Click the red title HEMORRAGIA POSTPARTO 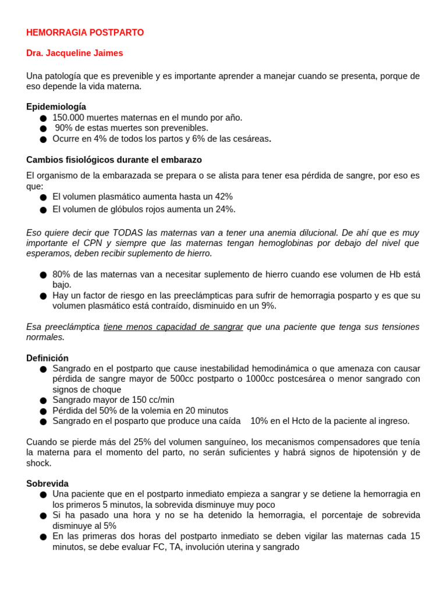pyautogui.click(x=85, y=33)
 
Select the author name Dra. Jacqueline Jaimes pyautogui.click(x=74, y=53)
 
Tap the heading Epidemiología pyautogui.click(x=56, y=107)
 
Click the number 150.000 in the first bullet pyautogui.click(x=68, y=118)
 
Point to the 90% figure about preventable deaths pyautogui.click(x=64, y=128)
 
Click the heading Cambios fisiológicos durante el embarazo pyautogui.click(x=114, y=160)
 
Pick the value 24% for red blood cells pyautogui.click(x=225, y=209)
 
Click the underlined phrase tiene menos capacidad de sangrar pyautogui.click(x=173, y=327)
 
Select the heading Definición pyautogui.click(x=47, y=358)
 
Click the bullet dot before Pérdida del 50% pyautogui.click(x=43, y=411)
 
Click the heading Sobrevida pyautogui.click(x=47, y=484)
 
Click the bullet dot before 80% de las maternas pyautogui.click(x=43, y=275)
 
